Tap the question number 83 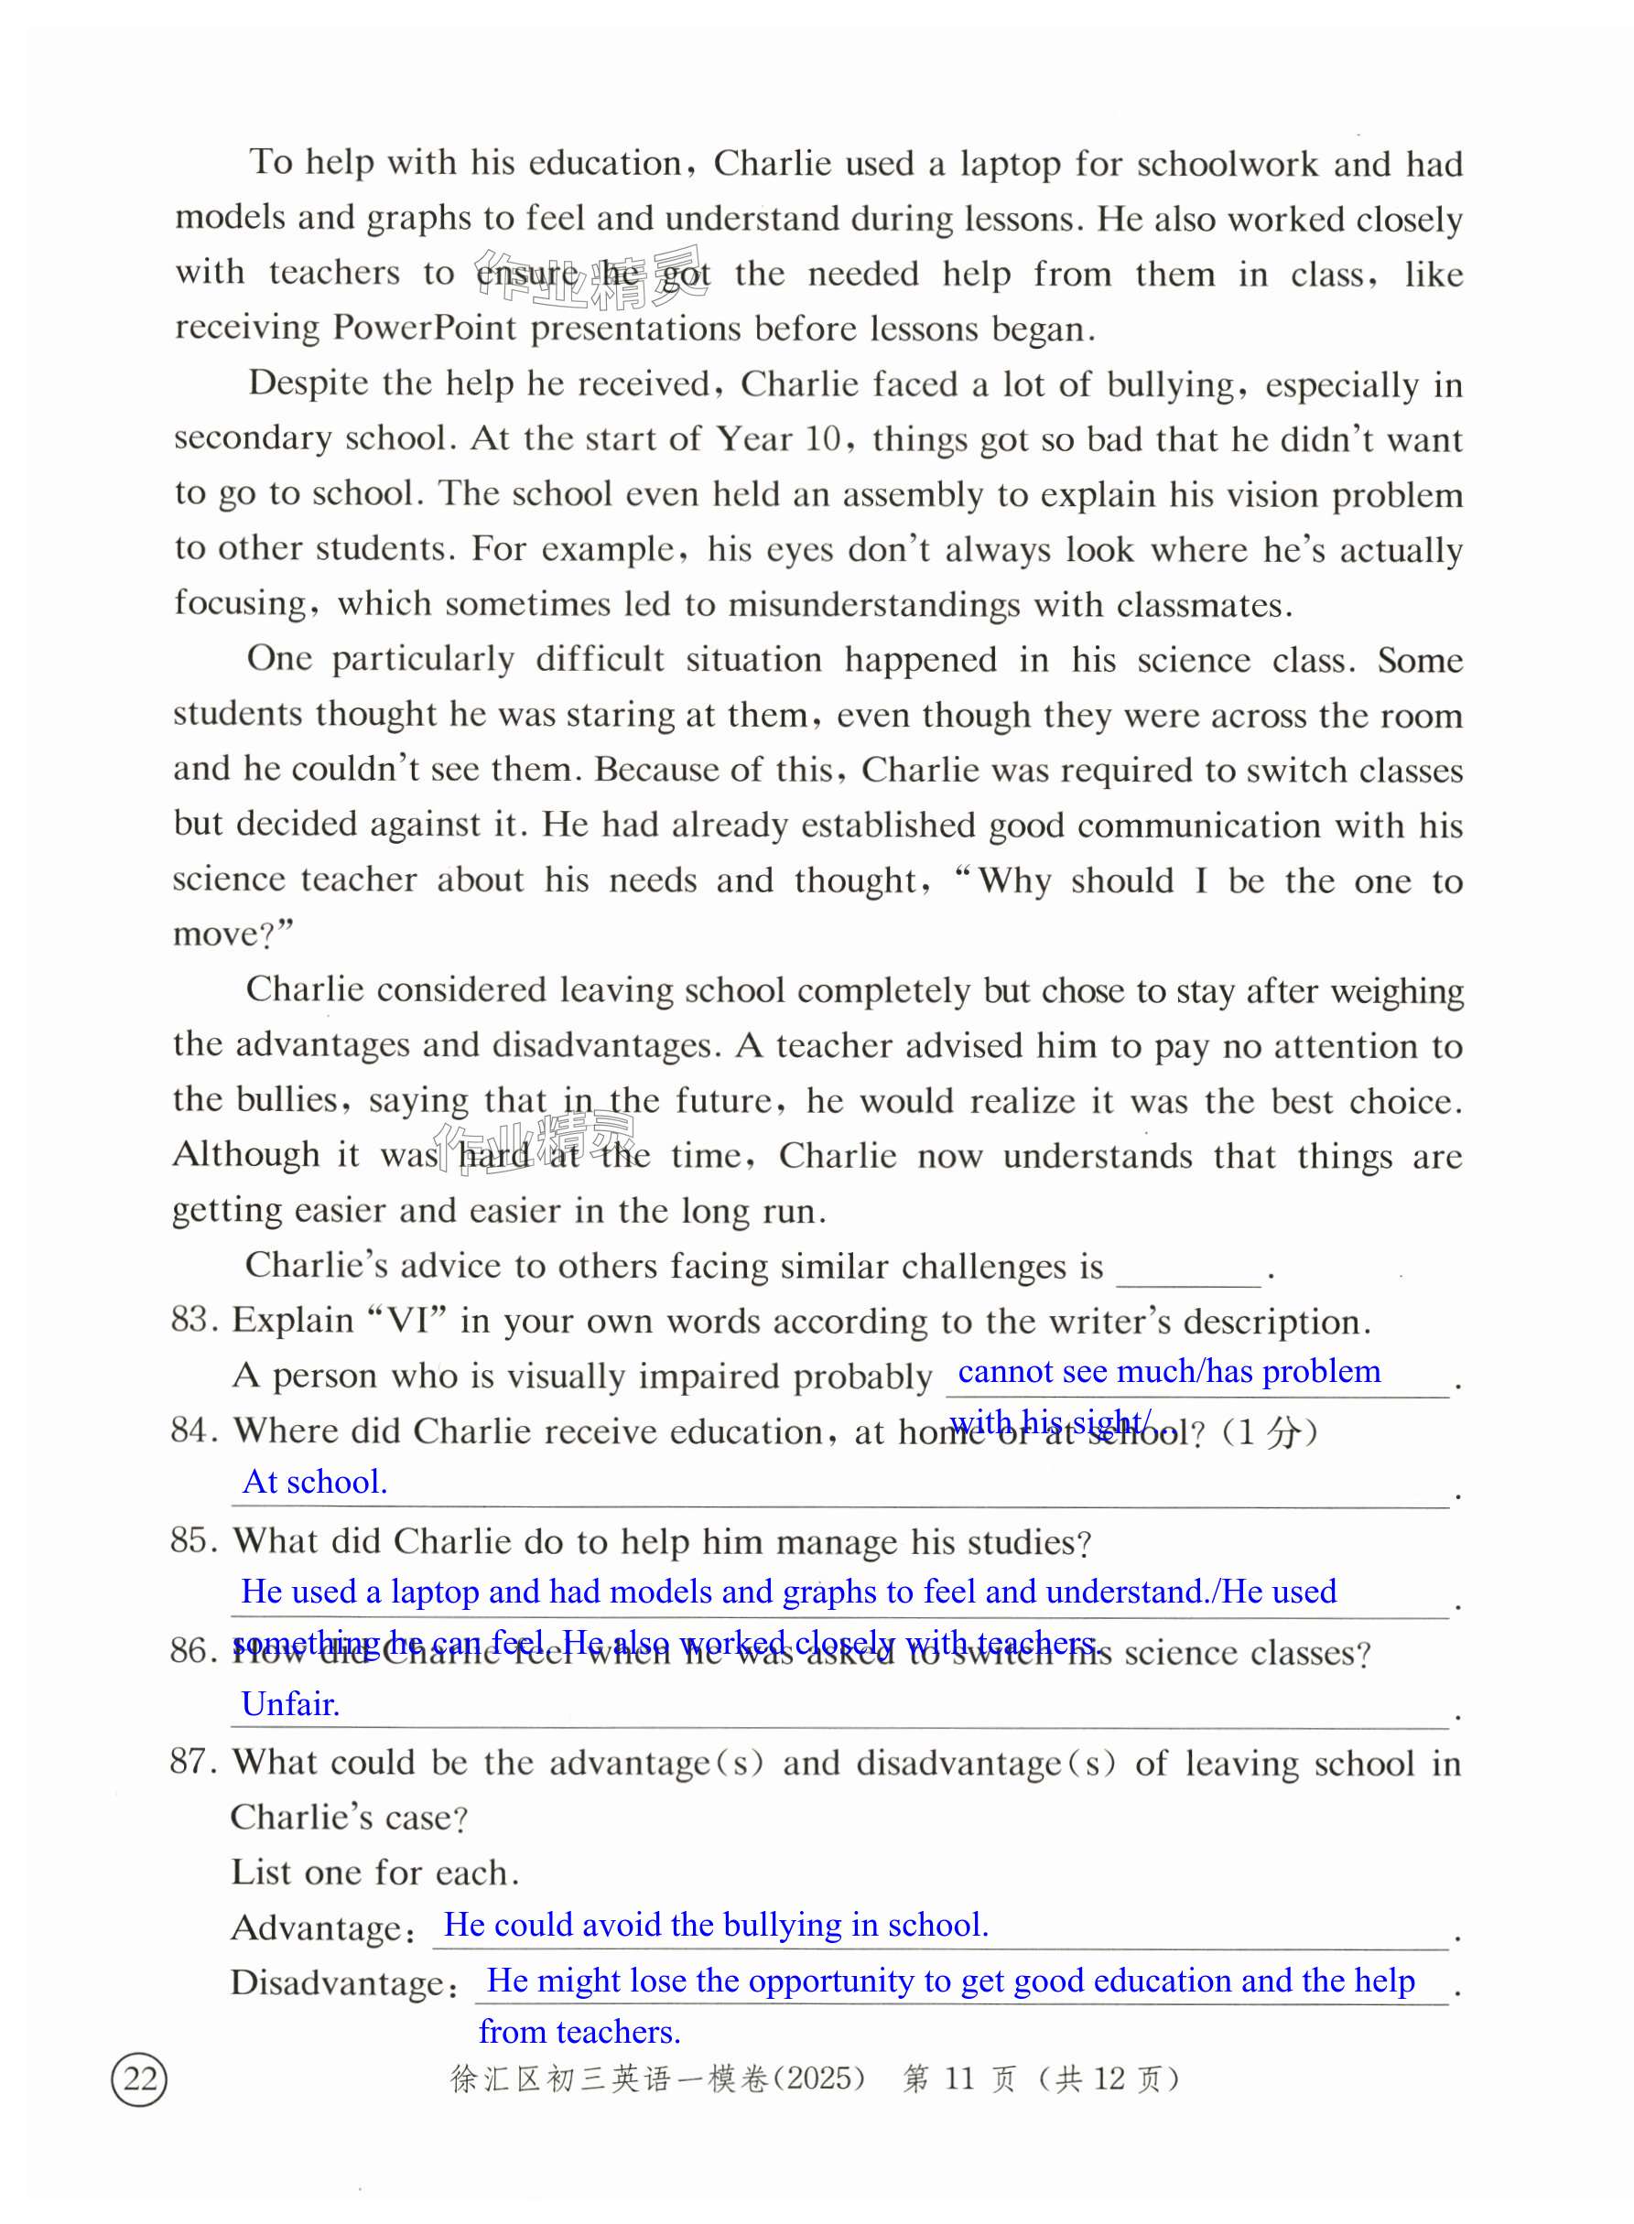194,1319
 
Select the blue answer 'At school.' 315,1482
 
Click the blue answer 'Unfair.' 291,1703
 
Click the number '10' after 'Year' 822,438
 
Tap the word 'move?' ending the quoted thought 229,934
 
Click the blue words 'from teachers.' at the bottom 579,2031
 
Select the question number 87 194,1761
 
